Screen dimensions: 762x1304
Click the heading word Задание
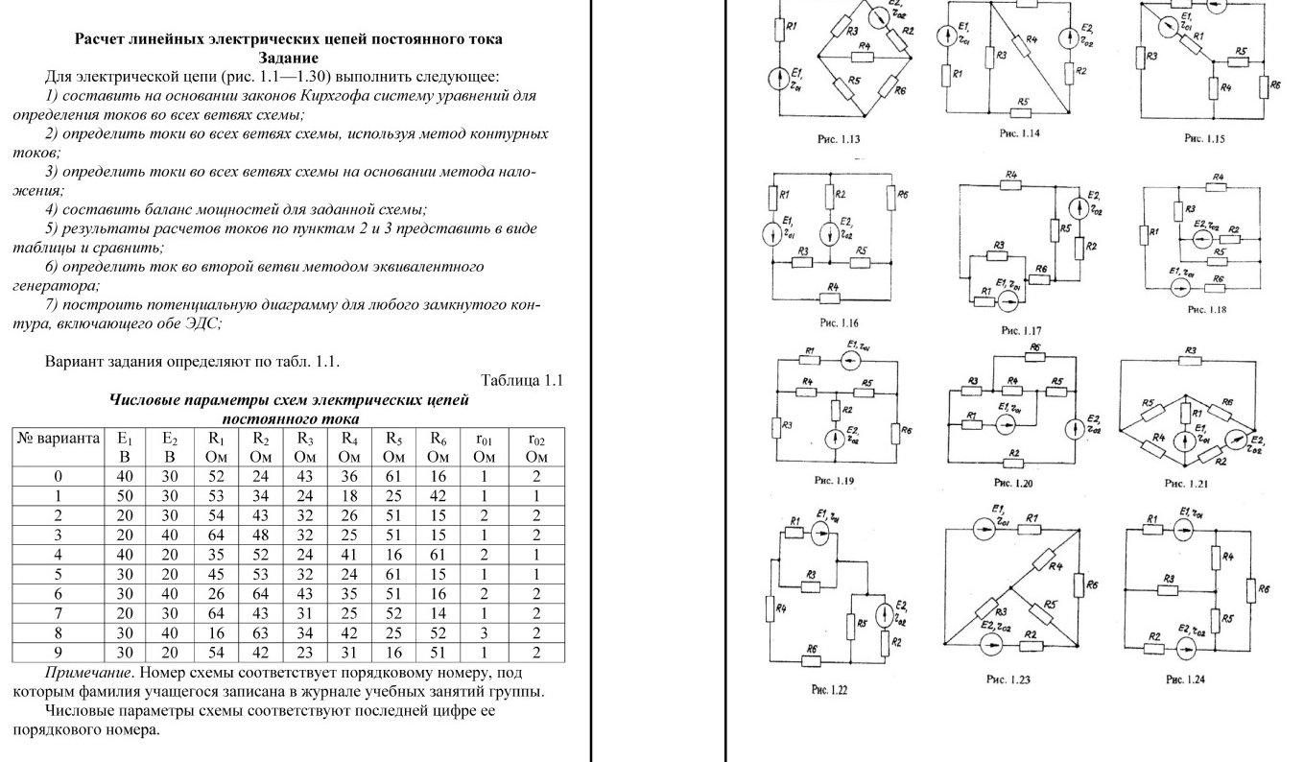point(288,58)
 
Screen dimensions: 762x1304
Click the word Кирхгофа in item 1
point(375,96)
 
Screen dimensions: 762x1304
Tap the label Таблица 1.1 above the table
point(521,381)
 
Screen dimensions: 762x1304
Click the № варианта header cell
point(59,439)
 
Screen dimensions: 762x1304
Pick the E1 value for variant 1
point(124,496)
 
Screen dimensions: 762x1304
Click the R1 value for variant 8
point(217,633)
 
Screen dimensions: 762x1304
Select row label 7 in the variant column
point(59,613)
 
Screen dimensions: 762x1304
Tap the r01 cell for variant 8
point(484,633)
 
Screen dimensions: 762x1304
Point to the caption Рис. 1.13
point(838,140)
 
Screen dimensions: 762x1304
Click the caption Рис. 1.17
point(1021,330)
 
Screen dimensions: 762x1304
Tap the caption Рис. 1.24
point(1185,679)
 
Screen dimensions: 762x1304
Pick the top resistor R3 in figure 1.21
point(1190,363)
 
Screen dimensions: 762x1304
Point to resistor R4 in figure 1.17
point(1009,183)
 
